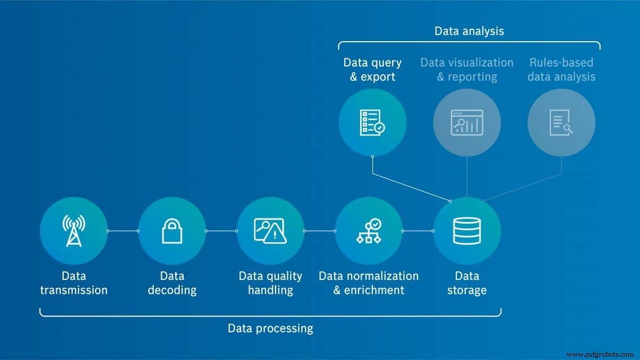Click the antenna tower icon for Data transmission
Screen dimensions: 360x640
coord(73,230)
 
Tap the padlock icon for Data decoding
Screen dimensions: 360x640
coord(172,230)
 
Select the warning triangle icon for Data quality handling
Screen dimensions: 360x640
coord(270,230)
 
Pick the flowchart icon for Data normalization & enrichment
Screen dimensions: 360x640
coord(368,230)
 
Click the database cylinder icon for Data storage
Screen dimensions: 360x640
coord(467,230)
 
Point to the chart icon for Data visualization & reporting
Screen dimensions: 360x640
coord(467,122)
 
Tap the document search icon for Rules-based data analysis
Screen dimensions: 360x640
coord(561,122)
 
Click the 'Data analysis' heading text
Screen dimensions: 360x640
coord(469,31)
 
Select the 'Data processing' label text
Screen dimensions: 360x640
coord(270,328)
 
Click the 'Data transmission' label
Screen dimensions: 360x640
coord(73,283)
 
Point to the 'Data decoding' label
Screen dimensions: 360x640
coord(172,283)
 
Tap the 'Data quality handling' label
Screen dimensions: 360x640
coord(270,283)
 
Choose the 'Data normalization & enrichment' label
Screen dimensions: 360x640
coord(368,283)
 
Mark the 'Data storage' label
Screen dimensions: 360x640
coord(467,283)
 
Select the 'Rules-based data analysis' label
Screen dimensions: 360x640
coord(561,69)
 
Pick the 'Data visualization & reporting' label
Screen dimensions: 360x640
coord(467,69)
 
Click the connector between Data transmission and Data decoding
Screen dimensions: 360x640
coord(123,230)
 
